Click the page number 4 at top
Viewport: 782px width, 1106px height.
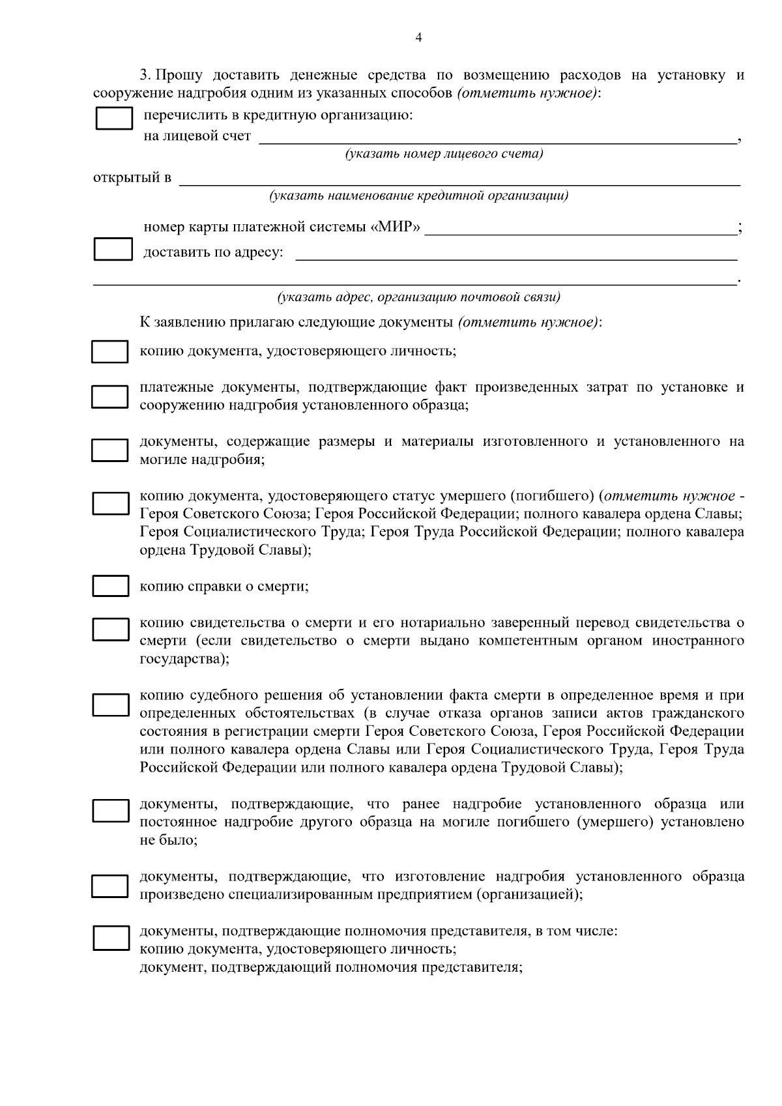click(x=418, y=38)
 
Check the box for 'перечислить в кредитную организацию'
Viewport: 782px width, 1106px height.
click(x=114, y=119)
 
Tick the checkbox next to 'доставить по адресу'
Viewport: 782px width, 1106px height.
click(x=113, y=250)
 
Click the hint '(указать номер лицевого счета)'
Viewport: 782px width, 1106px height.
click(x=444, y=154)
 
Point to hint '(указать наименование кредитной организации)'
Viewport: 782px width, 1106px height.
click(x=418, y=196)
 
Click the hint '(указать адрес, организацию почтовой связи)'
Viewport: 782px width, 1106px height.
click(x=418, y=297)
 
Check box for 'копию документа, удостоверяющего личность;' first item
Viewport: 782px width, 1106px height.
click(x=109, y=351)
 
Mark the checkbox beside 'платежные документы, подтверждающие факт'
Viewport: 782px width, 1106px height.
click(x=109, y=396)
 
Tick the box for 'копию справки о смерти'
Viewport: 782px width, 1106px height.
click(x=110, y=585)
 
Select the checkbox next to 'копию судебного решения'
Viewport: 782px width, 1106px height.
click(x=110, y=705)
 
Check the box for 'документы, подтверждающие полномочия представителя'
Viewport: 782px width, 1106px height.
click(x=110, y=939)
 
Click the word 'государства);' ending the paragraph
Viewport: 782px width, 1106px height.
click(x=184, y=659)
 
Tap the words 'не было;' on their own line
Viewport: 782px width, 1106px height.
click(x=169, y=840)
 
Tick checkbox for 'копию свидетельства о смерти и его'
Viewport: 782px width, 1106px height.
click(x=110, y=629)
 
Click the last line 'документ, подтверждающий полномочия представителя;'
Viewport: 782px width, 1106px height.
click(x=331, y=967)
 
